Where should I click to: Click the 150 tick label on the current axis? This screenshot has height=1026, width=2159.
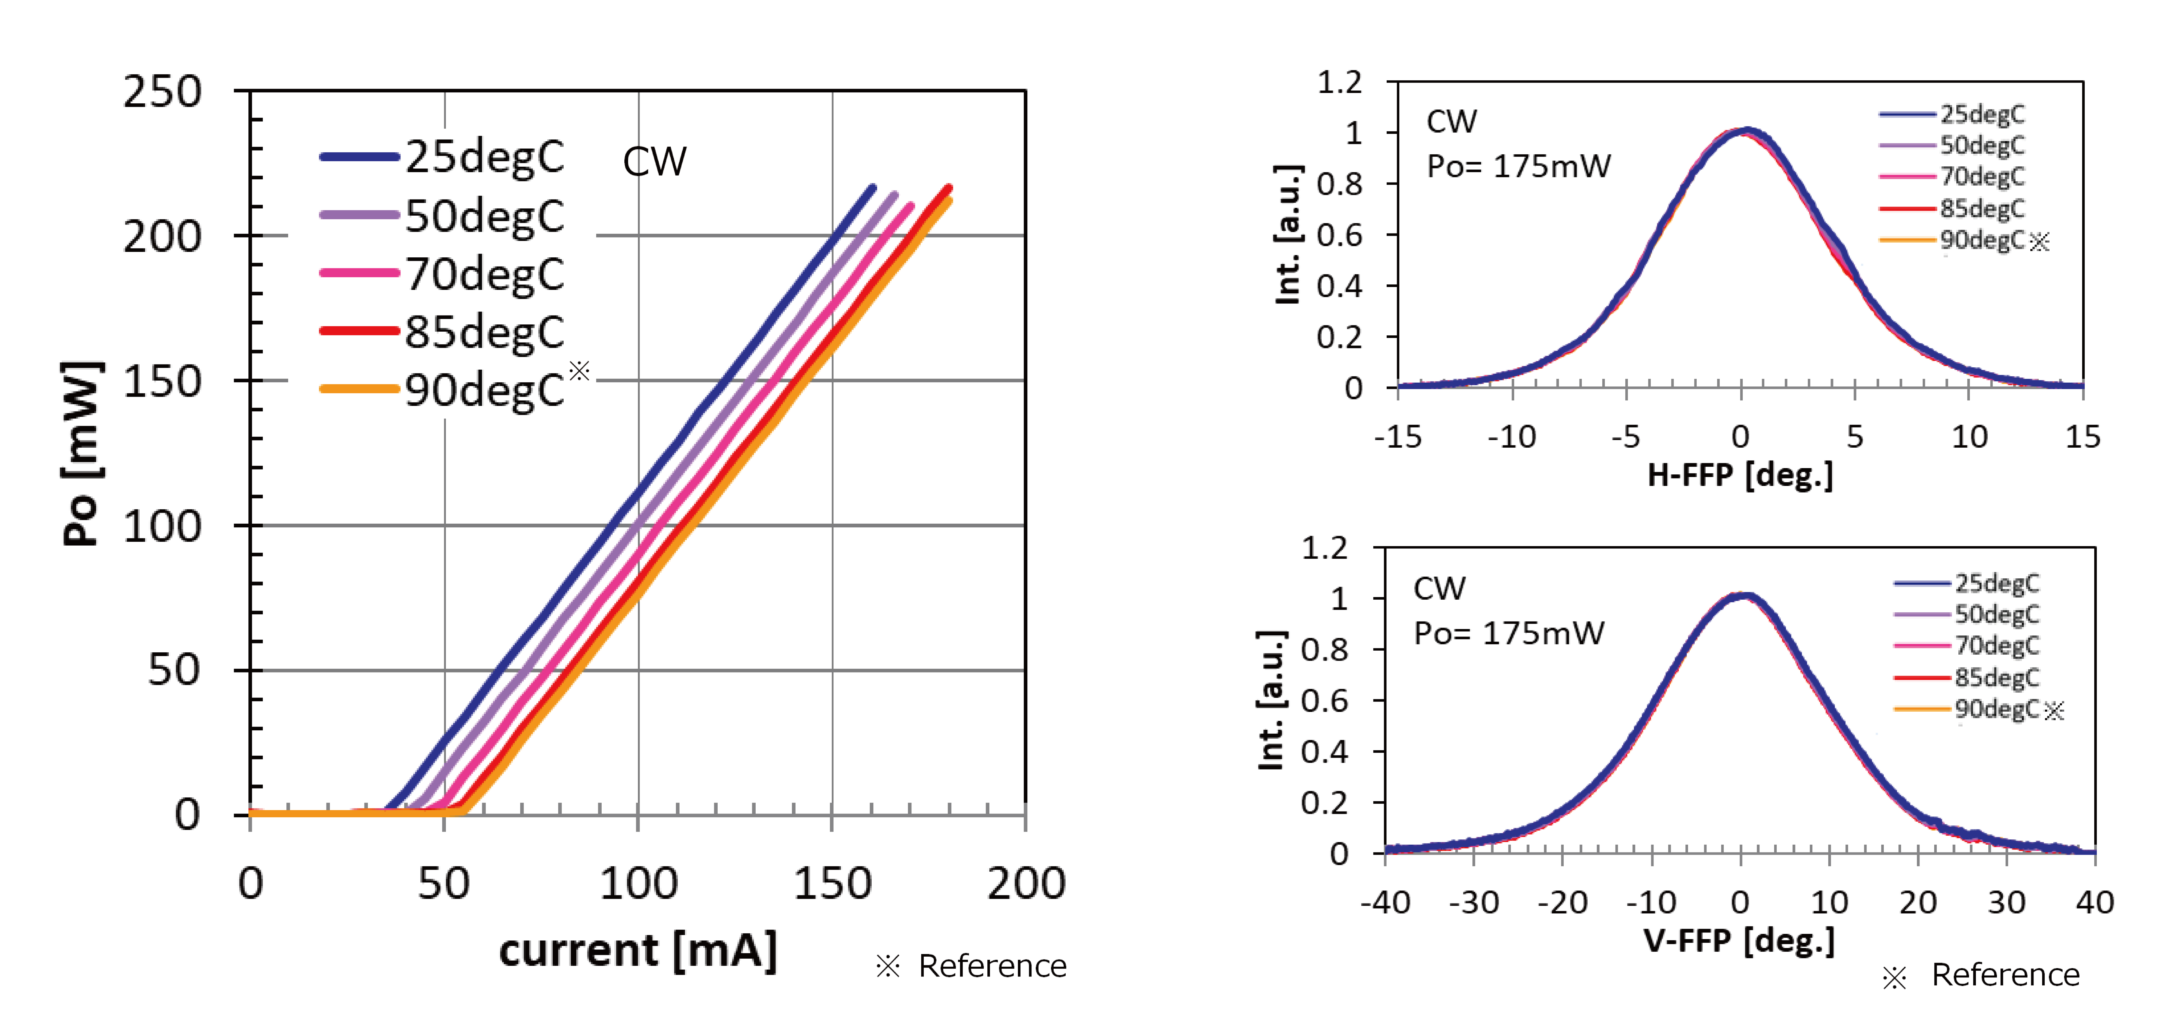[832, 884]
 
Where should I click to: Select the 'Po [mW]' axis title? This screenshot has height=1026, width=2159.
[82, 453]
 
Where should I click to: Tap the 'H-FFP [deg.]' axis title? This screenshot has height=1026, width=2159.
[1740, 475]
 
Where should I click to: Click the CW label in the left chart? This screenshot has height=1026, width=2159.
[655, 162]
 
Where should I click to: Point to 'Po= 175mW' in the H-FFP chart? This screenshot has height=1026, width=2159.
[1519, 166]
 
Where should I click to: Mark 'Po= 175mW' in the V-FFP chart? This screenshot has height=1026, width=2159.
[1509, 633]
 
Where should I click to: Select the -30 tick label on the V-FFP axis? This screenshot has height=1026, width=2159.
[1473, 903]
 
